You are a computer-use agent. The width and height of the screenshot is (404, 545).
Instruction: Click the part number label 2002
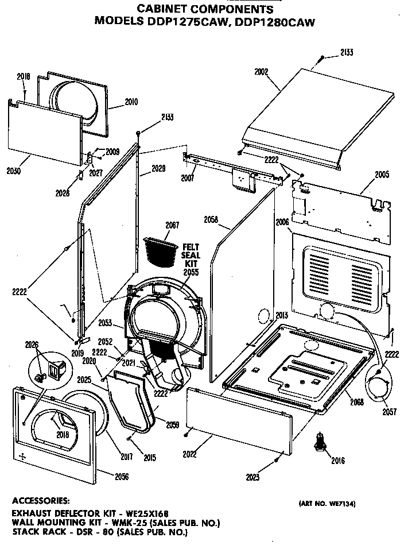pyautogui.click(x=261, y=72)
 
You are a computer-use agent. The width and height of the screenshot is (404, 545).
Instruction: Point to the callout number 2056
pyautogui.click(x=121, y=476)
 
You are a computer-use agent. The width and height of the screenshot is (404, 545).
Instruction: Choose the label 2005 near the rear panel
pyautogui.click(x=382, y=175)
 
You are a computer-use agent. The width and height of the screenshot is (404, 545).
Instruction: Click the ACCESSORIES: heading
pyautogui.click(x=41, y=500)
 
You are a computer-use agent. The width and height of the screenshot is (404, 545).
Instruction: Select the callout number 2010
pyautogui.click(x=131, y=102)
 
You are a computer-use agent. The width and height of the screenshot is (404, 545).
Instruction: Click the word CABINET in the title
pyautogui.click(x=161, y=10)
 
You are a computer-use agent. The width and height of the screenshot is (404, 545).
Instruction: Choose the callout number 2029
pyautogui.click(x=158, y=169)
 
